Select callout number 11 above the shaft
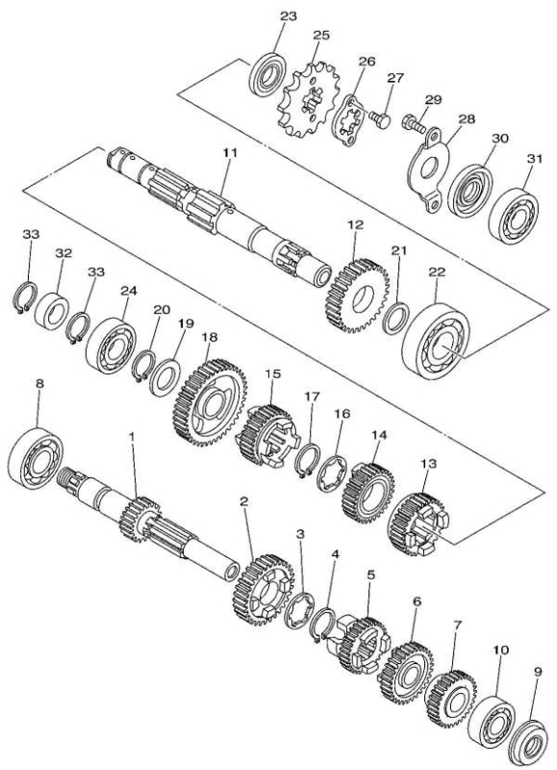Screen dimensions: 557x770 [x=230, y=153]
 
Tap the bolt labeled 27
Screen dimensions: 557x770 [x=381, y=118]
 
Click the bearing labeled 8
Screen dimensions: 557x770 [x=36, y=458]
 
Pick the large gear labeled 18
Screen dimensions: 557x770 [x=210, y=402]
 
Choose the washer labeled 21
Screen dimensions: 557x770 [x=395, y=319]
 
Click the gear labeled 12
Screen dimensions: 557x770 [x=356, y=295]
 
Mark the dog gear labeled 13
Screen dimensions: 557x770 [x=419, y=525]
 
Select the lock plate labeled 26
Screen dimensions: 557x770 [x=348, y=120]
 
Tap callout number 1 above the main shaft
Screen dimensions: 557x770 [x=131, y=435]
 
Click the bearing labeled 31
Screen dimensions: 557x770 [x=515, y=215]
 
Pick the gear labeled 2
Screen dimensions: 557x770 [x=264, y=589]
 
